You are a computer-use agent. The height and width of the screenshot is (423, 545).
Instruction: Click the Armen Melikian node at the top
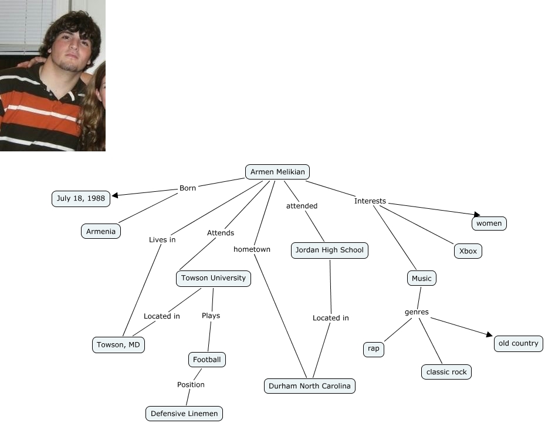coord(277,172)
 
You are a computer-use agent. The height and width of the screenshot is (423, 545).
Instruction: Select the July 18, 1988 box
coord(81,199)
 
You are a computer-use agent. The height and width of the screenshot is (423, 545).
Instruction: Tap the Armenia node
coord(101,231)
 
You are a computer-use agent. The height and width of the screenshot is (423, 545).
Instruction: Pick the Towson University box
coord(214,278)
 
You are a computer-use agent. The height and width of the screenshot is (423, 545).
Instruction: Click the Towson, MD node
coord(119,345)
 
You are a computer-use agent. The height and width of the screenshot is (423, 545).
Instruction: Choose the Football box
coord(207,359)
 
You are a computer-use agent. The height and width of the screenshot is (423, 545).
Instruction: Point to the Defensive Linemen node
coord(184,414)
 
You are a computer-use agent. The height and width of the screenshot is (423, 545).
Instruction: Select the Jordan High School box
coord(330,251)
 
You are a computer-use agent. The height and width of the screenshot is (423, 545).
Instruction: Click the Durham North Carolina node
coord(310,386)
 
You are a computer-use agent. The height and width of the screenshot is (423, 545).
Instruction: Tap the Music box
coord(422,279)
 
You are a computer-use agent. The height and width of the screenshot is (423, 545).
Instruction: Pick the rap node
coord(374,349)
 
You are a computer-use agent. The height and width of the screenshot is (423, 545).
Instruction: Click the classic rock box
coord(446,372)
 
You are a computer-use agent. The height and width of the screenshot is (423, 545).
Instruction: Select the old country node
coord(518,344)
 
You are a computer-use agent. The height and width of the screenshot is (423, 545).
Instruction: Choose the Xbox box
coord(468,251)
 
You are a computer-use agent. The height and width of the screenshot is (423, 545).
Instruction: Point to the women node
coord(489,224)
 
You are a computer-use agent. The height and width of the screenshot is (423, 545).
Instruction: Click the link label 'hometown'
coord(252,249)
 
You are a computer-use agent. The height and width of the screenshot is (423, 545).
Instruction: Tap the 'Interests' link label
coord(370,201)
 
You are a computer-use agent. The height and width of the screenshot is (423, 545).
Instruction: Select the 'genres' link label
coord(417,312)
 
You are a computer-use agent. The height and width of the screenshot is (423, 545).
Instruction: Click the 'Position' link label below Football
coord(191,385)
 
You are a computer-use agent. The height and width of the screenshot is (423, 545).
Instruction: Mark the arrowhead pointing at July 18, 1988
coord(115,196)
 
